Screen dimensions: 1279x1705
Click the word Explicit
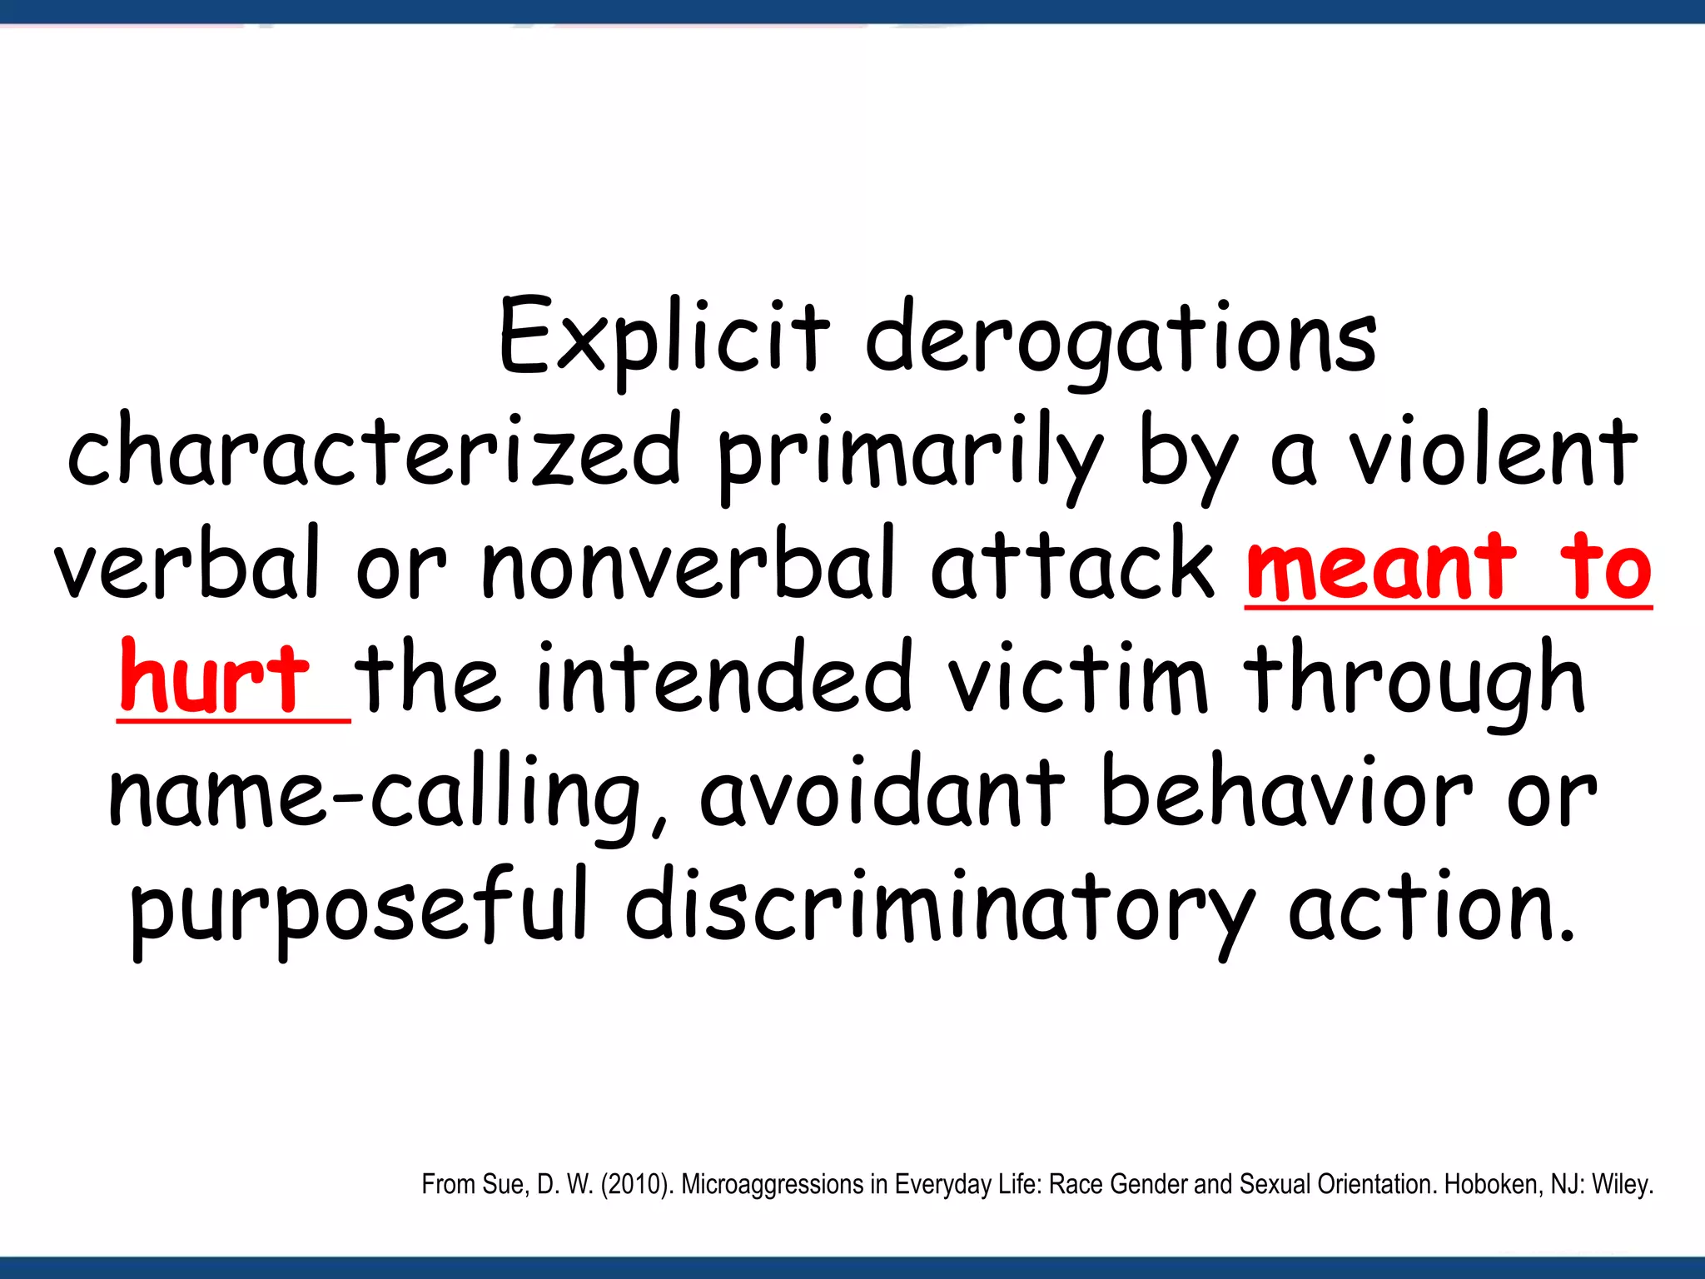[x=664, y=337]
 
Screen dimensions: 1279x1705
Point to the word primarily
[x=908, y=454]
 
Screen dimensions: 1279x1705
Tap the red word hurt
[x=215, y=678]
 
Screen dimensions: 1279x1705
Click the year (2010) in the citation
[x=637, y=1184]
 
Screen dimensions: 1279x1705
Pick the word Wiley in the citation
[x=1621, y=1184]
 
